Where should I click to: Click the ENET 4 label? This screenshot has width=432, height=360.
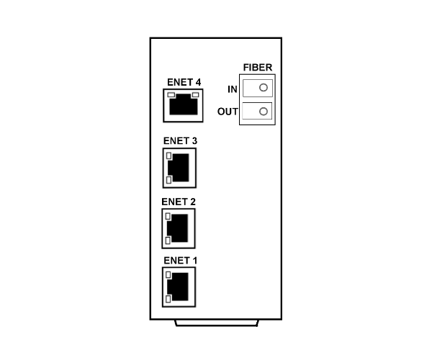[x=184, y=82]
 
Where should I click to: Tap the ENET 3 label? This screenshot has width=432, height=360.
[x=180, y=140]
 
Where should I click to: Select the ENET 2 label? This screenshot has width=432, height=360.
[x=179, y=202]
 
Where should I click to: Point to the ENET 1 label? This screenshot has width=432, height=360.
[x=181, y=261]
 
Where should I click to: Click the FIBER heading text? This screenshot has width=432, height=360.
[x=258, y=68]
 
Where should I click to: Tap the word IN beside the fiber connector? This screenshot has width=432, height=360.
[x=233, y=89]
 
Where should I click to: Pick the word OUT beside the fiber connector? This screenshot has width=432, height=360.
[x=228, y=112]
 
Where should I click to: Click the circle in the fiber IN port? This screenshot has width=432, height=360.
[x=264, y=88]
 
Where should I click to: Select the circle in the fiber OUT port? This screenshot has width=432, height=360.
[x=264, y=112]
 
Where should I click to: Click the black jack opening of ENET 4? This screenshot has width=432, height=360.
[x=184, y=104]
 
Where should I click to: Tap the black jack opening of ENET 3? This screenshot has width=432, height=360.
[x=179, y=168]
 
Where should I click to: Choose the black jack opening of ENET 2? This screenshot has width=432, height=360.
[x=178, y=228]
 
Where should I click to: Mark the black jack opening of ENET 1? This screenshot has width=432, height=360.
[x=178, y=287]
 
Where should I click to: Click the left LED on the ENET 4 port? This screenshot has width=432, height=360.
[x=171, y=95]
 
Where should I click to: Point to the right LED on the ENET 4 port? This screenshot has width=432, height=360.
[x=195, y=95]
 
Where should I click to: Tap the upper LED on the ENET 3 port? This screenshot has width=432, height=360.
[x=169, y=156]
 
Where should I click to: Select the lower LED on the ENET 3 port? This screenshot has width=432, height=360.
[x=169, y=180]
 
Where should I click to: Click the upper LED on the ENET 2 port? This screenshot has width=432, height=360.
[x=168, y=217]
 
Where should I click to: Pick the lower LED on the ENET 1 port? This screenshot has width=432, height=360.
[x=168, y=299]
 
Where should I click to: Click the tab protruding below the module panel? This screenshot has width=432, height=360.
[x=217, y=323]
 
